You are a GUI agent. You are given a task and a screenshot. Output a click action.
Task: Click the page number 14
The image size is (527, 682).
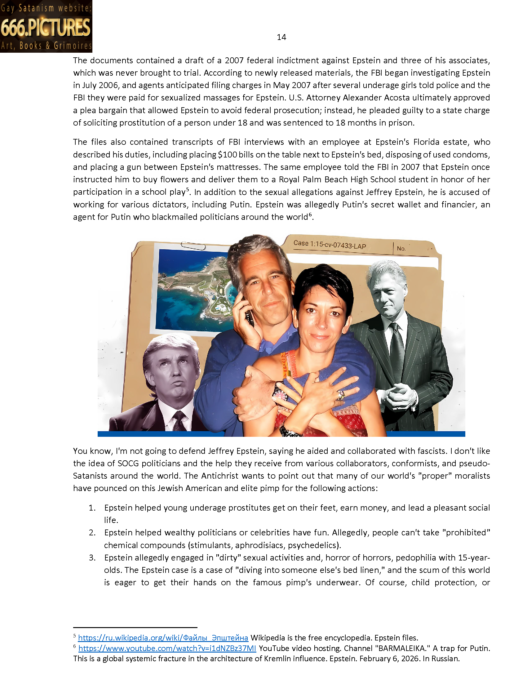pos(281,37)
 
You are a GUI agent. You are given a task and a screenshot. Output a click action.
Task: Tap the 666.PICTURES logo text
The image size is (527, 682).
pos(46,27)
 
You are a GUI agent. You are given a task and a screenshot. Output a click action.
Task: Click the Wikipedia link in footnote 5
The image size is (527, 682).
pos(163,637)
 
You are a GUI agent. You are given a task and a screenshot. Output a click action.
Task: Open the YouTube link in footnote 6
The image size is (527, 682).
pos(167,648)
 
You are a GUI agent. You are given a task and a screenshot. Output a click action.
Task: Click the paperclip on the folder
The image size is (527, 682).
pos(193,246)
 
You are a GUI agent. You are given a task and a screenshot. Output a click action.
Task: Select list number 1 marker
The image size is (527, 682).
pos(92,508)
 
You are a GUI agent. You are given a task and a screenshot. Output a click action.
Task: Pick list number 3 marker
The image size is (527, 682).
pos(92,558)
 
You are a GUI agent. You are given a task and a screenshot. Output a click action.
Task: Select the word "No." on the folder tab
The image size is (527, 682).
pos(401,249)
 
